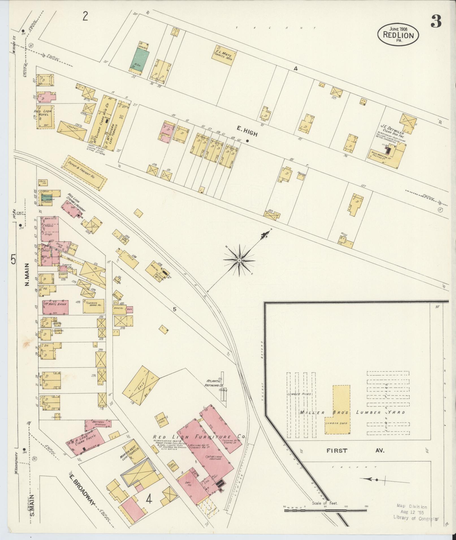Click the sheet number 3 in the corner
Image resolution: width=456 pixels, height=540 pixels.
pyautogui.click(x=436, y=22)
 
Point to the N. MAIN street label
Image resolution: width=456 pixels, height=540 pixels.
pyautogui.click(x=27, y=274)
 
